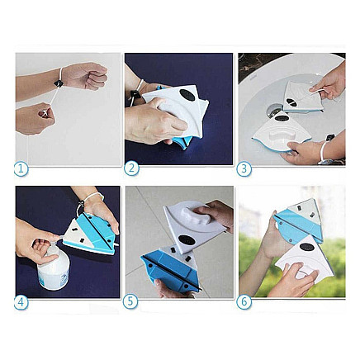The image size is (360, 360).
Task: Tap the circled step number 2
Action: (131, 168)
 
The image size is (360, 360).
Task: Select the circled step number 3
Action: (244, 168)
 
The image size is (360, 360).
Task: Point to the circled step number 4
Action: (21, 301)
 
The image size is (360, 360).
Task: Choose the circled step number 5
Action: (131, 301)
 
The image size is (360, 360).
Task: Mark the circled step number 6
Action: (244, 301)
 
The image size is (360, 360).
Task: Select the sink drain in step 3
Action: (274, 109)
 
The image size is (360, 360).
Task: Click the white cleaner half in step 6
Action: (297, 260)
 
